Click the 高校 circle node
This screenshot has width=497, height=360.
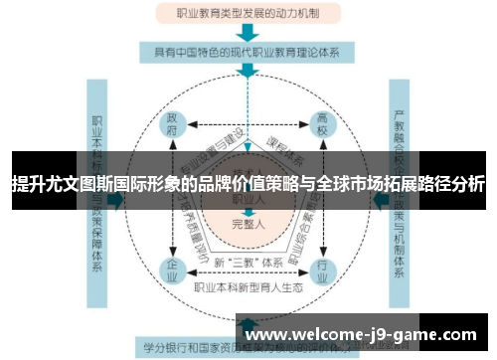(322, 126)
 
